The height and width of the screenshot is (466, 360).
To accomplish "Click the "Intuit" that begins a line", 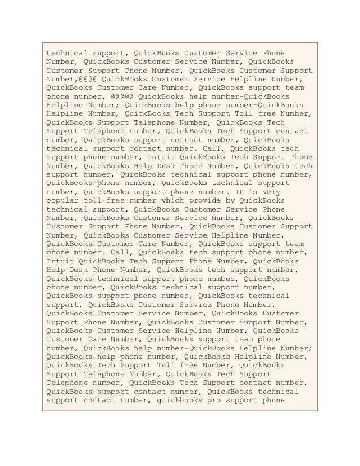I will coord(60,261).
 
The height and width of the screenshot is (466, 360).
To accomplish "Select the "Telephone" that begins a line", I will coord(67,384).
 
